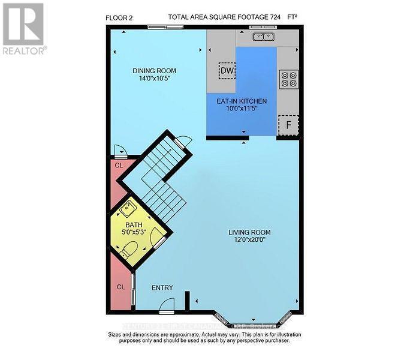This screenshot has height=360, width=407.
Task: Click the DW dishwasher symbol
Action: (x=227, y=71)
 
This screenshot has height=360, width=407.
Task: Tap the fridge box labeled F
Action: (x=288, y=125)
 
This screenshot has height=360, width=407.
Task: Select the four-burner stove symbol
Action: (x=289, y=79)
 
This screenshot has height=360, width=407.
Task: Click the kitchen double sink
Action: (x=263, y=37)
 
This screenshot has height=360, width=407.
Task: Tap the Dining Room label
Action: (x=154, y=71)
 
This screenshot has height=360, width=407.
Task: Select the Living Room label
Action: (x=249, y=232)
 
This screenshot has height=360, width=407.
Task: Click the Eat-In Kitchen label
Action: (x=242, y=101)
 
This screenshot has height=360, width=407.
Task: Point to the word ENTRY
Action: (x=162, y=288)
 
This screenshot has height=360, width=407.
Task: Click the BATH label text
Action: (x=134, y=225)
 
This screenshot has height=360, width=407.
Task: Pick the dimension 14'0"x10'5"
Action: (x=154, y=79)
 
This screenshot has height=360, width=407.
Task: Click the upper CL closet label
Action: (x=118, y=163)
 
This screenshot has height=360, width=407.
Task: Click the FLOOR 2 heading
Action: (x=119, y=17)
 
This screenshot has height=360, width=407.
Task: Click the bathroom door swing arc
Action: (x=158, y=238)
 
